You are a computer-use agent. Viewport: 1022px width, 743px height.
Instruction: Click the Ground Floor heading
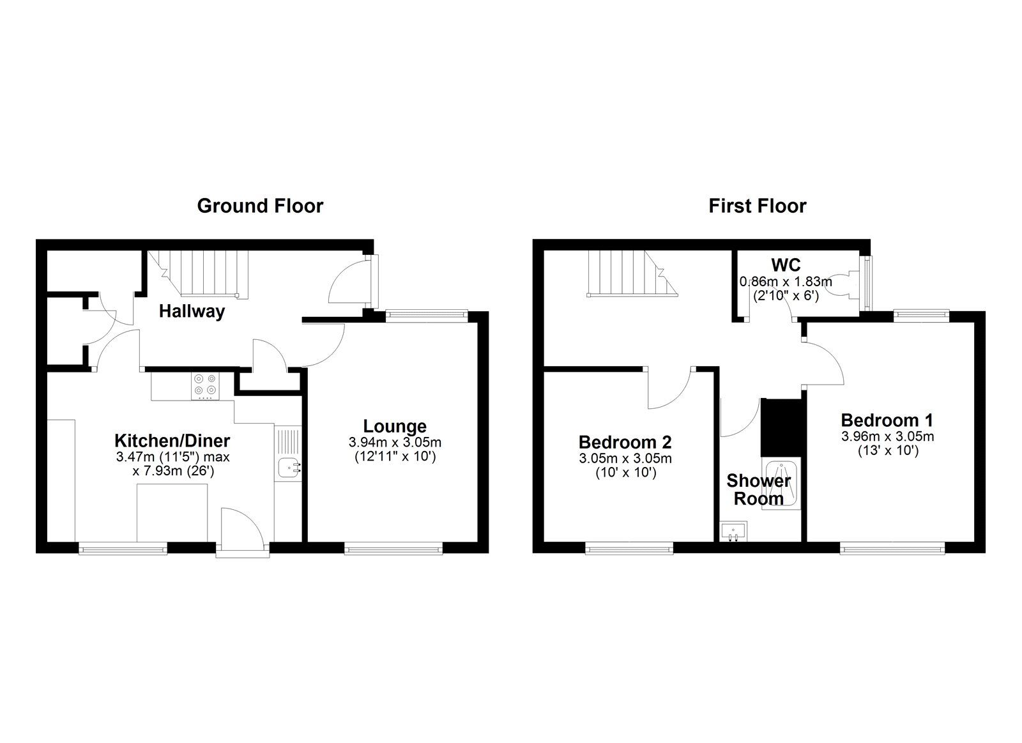pos(260,206)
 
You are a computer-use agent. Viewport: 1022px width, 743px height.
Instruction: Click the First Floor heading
pos(758,206)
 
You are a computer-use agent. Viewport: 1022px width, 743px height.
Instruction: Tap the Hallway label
pos(192,312)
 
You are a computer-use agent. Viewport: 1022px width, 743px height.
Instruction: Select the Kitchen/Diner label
pos(172,441)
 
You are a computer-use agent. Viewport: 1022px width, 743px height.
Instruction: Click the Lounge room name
pos(395,426)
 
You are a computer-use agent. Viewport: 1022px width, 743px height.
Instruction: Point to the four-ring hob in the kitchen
pos(205,385)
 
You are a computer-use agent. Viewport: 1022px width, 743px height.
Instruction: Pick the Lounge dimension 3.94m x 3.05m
pos(395,442)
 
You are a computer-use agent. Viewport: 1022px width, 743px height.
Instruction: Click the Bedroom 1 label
pos(887,420)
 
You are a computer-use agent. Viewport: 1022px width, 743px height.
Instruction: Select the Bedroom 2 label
pos(625,442)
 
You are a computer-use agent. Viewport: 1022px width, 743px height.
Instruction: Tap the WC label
pos(786,264)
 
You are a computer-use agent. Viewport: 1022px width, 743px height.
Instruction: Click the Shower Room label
pos(759,490)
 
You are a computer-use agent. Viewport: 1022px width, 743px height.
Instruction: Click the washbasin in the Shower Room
pos(734,532)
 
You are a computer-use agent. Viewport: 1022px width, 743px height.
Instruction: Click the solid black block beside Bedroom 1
pos(781,427)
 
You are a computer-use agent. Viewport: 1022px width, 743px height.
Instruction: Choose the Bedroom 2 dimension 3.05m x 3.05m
pos(625,458)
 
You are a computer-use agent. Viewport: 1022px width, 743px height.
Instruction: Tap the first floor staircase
pos(632,273)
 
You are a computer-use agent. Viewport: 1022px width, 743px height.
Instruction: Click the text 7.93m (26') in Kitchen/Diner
pos(173,471)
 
